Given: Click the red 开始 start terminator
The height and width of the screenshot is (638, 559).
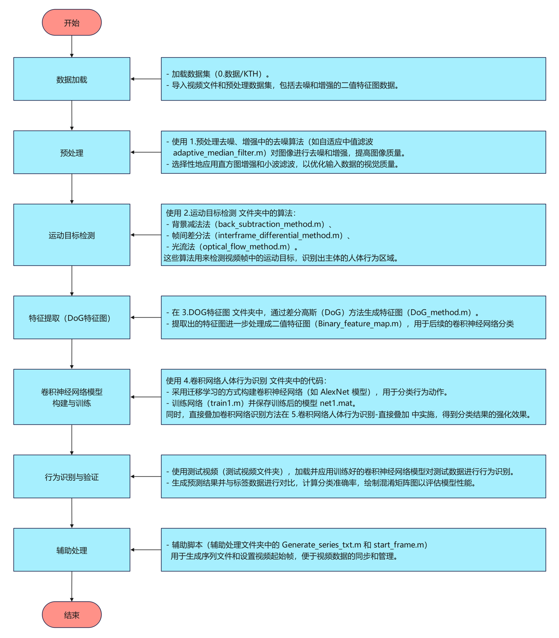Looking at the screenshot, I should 71,23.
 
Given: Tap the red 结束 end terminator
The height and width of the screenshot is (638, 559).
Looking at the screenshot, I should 71,614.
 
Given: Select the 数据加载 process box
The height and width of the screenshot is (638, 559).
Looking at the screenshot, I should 71,79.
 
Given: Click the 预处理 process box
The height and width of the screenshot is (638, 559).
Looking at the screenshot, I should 71,153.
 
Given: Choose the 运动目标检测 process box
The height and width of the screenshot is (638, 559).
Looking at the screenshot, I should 71,235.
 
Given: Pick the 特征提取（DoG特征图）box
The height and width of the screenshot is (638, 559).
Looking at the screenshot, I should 71,318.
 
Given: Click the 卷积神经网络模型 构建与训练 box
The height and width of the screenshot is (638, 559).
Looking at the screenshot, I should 71,397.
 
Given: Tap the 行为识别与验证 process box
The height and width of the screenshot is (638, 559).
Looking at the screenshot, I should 71,477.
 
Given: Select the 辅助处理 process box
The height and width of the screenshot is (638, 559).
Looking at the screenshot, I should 71,550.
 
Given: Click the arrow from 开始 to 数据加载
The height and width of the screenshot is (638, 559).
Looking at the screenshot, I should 72,46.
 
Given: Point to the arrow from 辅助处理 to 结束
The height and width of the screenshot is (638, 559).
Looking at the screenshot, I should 72,586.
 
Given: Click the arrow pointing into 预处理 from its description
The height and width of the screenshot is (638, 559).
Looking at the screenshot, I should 146,152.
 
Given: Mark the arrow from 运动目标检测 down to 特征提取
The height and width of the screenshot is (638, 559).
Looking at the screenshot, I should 72,280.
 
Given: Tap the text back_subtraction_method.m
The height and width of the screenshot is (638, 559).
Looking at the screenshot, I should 270,224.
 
